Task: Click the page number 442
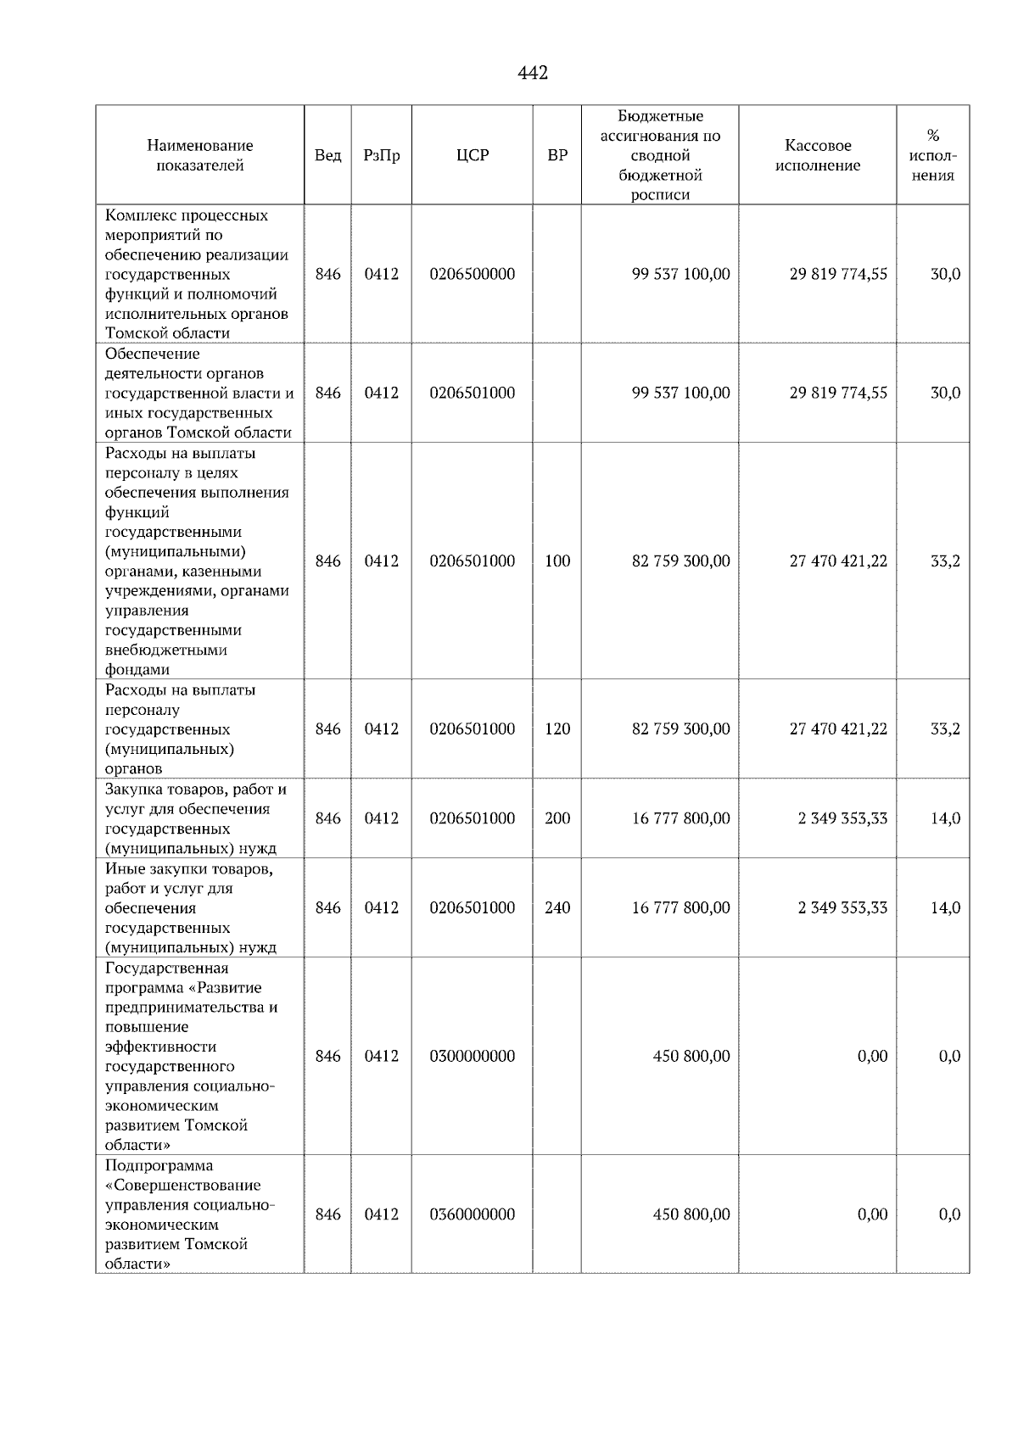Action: click(x=533, y=74)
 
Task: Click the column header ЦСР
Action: click(x=473, y=155)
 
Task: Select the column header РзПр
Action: click(x=381, y=155)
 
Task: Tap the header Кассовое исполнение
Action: click(x=817, y=155)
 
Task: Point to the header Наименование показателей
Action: click(x=199, y=155)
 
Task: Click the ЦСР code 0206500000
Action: click(x=473, y=274)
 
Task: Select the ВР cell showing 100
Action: click(x=557, y=561)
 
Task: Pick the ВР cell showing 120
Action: click(x=557, y=728)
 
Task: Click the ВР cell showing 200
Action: click(x=557, y=818)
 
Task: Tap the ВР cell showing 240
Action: click(x=557, y=907)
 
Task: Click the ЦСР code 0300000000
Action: click(x=473, y=1056)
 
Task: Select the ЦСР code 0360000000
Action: click(x=473, y=1214)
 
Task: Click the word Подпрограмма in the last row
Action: click(x=159, y=1165)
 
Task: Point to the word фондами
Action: click(x=137, y=670)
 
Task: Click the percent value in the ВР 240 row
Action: click(x=945, y=907)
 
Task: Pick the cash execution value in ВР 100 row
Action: click(x=838, y=561)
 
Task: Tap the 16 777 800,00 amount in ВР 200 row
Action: click(x=680, y=818)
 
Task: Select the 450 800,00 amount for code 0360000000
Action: click(x=691, y=1214)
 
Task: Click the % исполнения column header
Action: click(x=932, y=155)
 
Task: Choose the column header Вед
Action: click(x=327, y=155)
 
